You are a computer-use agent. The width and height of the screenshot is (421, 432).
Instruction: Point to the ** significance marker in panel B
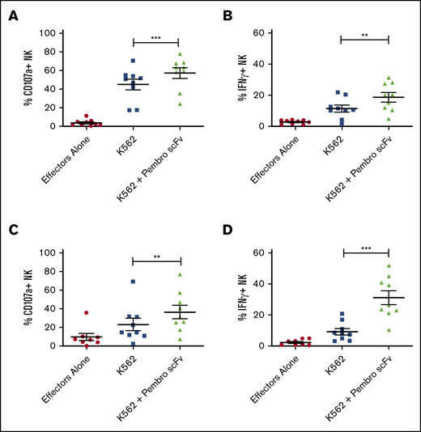point(366,35)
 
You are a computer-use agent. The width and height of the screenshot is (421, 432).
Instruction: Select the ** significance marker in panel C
point(157,255)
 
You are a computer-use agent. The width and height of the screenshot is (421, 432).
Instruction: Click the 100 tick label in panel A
point(47,33)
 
